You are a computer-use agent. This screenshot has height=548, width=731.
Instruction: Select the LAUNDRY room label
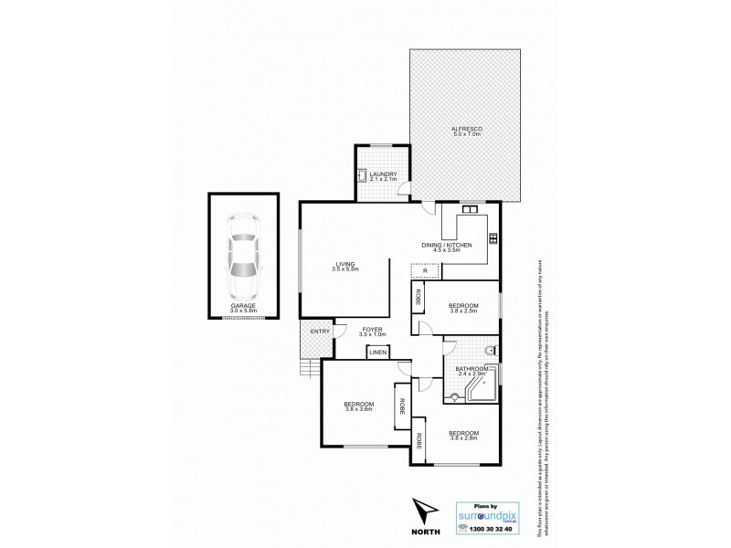383,175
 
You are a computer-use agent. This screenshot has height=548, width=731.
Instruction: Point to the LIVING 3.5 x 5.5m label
345,267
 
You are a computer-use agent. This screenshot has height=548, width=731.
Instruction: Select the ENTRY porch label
319,332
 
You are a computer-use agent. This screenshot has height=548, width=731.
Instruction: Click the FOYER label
371,332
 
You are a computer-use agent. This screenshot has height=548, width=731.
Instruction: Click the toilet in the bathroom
491,350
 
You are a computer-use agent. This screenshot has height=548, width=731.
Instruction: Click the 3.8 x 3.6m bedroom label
358,407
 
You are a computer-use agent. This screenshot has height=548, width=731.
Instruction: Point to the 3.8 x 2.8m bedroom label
463,436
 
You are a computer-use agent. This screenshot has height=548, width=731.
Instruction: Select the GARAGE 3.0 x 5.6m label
242,308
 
